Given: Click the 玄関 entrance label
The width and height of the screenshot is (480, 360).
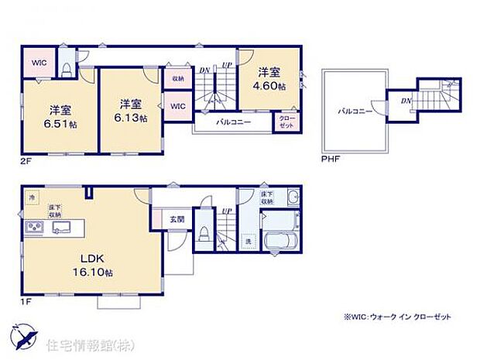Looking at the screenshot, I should coord(177,219).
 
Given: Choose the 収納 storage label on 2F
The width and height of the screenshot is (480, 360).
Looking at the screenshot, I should coord(177,77).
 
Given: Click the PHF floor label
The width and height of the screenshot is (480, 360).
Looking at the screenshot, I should coord(330,159).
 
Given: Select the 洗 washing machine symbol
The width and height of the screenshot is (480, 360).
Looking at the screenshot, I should coord(249,241).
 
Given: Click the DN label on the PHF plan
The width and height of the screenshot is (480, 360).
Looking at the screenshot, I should coord(406,101).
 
